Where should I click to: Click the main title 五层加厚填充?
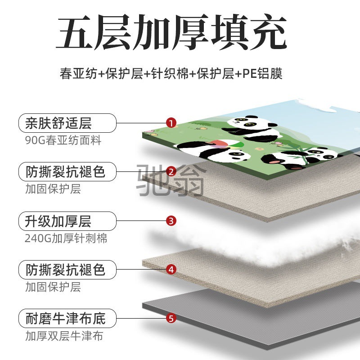pyautogui.click(x=171, y=31)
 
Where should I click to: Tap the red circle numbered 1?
pyautogui.click(x=171, y=123)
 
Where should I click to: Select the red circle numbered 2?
pyautogui.click(x=171, y=171)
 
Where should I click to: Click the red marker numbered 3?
pyautogui.click(x=171, y=221)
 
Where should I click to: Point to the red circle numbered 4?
pyautogui.click(x=171, y=270)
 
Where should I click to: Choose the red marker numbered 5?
pyautogui.click(x=171, y=319)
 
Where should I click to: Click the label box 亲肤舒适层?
pyautogui.click(x=67, y=123)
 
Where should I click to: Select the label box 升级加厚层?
pyautogui.click(x=67, y=221)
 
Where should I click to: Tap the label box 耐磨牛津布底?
pyautogui.click(x=67, y=319)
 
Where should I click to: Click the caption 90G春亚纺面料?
pyautogui.click(x=63, y=140)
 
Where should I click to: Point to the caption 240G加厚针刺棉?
pyautogui.click(x=66, y=238)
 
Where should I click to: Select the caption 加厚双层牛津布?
pyautogui.click(x=64, y=336)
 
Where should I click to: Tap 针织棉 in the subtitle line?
pyautogui.click(x=170, y=73)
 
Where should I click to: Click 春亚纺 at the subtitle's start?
pyautogui.click(x=78, y=73)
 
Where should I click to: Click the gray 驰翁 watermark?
pyautogui.click(x=170, y=180)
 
